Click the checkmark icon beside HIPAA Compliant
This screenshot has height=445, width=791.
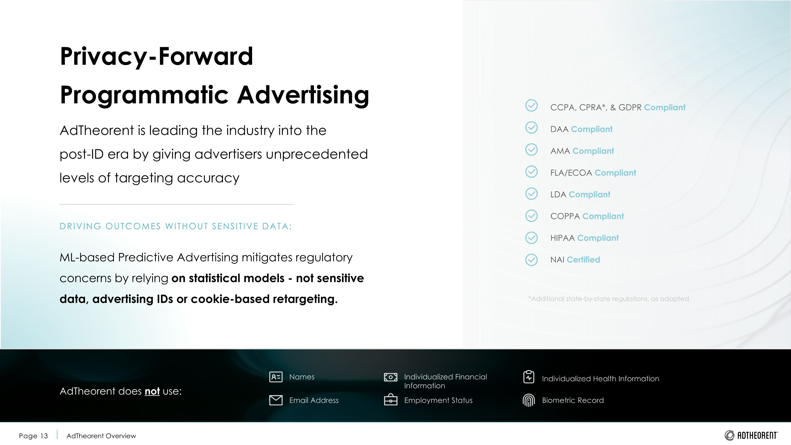[x=532, y=238]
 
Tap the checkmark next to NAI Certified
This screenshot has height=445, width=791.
[x=532, y=260]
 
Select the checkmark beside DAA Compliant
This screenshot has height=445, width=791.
[x=532, y=127]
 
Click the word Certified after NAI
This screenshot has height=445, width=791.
[x=583, y=260]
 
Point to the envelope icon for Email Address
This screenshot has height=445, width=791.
[x=276, y=400]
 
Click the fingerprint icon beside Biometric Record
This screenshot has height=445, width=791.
[x=528, y=400]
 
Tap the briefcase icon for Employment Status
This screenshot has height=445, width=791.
[x=390, y=400]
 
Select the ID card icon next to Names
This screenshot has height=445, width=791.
[x=276, y=377]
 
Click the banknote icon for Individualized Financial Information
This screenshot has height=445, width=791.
[x=390, y=377]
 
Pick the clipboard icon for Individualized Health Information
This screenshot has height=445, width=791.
[x=528, y=377]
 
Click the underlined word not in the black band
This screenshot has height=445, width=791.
[x=152, y=391]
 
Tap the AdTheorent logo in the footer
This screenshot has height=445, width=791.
[x=751, y=436]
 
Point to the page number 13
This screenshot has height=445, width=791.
[x=44, y=436]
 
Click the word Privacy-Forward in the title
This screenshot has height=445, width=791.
[x=157, y=56]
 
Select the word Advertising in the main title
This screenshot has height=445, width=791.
[x=303, y=95]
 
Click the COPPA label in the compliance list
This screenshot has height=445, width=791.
[x=565, y=216]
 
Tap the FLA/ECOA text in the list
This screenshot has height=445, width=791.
[x=571, y=173]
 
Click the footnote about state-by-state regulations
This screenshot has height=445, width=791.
[x=608, y=299]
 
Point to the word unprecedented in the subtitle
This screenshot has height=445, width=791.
[x=317, y=154]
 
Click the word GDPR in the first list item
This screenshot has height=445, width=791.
[x=630, y=107]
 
